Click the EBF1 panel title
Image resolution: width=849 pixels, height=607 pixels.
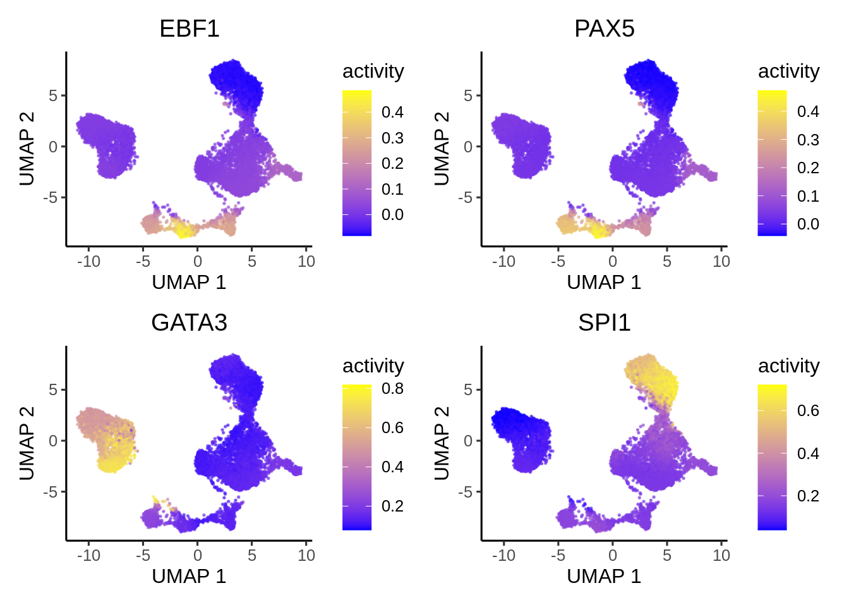pos(190,29)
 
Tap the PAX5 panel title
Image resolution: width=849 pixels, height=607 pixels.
pos(605,29)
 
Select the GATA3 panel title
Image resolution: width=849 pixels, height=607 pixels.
pos(190,323)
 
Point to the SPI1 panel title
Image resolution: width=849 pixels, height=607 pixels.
pos(605,323)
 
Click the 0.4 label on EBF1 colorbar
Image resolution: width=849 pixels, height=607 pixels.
pos(392,113)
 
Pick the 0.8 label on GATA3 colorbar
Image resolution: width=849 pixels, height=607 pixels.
pos(392,389)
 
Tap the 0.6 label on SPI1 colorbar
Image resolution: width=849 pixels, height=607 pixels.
pos(808,411)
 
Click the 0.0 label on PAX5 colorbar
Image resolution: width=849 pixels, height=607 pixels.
pos(808,224)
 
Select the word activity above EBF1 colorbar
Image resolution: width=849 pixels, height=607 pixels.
pos(373,71)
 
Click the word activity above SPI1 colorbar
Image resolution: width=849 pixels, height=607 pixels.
pos(789,365)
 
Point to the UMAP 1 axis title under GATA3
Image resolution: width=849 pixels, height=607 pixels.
pos(189,576)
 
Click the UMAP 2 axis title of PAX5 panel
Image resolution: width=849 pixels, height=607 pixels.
pos(442,149)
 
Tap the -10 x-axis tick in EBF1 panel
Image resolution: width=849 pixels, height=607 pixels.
pos(88,261)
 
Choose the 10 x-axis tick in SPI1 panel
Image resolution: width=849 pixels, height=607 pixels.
pos(721,555)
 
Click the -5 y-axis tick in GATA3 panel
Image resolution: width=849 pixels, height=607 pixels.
pos(50,492)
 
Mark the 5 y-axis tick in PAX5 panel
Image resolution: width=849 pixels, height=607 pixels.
pos(468,95)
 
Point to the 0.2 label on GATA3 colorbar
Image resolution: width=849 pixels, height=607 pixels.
pos(392,506)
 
